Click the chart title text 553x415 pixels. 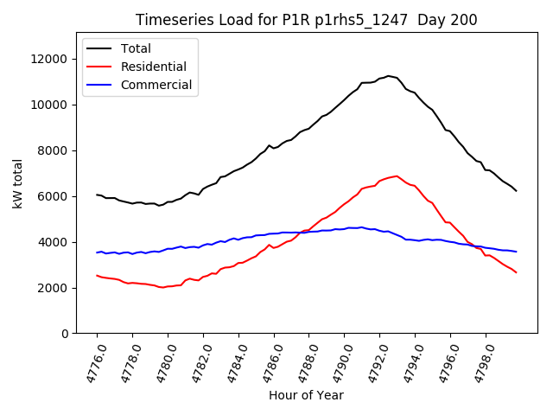coord(307,20)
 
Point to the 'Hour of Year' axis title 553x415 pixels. coord(306,395)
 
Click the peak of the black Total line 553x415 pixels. coord(388,76)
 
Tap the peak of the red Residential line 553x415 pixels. coord(397,176)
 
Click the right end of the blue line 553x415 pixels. coord(517,252)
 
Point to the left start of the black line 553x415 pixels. coord(97,195)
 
